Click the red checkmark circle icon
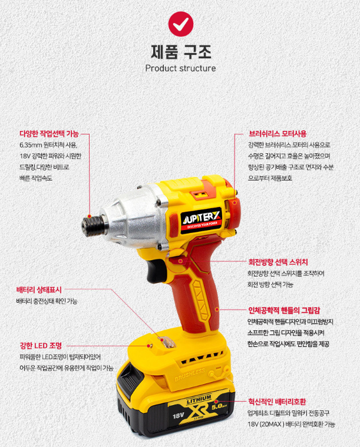pos(180,24)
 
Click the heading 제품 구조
pos(181,51)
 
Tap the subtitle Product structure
pos(180,68)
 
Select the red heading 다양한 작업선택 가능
pos(49,133)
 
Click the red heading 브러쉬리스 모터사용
pos(278,133)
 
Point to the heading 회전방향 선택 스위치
pos(278,262)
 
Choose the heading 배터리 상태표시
pos(39,290)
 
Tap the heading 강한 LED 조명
pos(41,346)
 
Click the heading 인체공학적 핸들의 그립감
pos(284,310)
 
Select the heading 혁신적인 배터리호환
pos(277,402)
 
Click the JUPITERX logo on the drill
pos(202,221)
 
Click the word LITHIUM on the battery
pos(199,399)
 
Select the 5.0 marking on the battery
pos(217,407)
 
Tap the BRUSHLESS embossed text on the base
pos(190,374)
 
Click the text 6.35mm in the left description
pos(31,145)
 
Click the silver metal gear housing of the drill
pos(134,216)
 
